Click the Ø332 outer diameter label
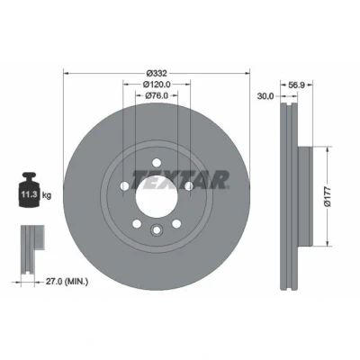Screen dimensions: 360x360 (x=157, y=73)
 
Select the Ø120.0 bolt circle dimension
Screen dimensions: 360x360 (x=157, y=85)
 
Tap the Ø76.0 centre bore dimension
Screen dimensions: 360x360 (x=157, y=95)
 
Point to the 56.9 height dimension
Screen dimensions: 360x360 (x=296, y=85)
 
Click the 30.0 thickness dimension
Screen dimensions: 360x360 (x=265, y=96)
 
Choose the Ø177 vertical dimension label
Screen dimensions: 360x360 (x=328, y=196)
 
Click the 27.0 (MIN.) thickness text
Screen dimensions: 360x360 (x=67, y=282)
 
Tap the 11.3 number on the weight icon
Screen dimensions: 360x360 (x=29, y=194)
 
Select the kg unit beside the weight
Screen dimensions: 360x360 (x=46, y=195)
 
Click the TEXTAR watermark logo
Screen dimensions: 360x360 (x=180, y=180)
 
